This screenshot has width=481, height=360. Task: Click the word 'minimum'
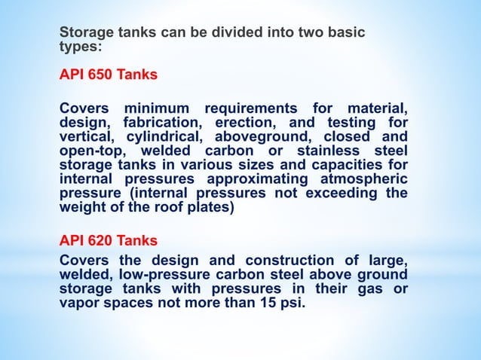click(158, 108)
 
